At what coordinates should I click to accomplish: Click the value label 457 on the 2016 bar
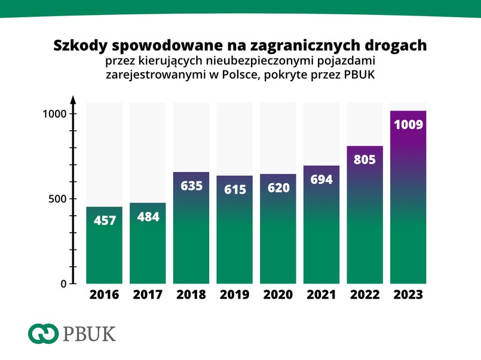point(104,220)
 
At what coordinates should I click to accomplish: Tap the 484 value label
point(148,217)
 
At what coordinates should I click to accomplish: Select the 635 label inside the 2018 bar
point(191,186)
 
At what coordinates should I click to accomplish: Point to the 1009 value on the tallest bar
point(409,125)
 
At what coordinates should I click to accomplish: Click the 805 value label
point(365,160)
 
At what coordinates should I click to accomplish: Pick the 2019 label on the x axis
point(235,295)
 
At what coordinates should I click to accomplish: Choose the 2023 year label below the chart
point(409,295)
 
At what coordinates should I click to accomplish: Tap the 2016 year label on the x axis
point(104,295)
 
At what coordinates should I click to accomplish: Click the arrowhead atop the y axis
point(72,99)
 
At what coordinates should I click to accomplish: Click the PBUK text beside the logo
point(88,333)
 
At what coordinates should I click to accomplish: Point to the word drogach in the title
point(398,46)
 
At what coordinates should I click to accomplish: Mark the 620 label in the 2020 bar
point(278,187)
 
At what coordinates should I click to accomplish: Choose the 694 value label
point(322,179)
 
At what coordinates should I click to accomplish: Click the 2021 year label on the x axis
point(322,295)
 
